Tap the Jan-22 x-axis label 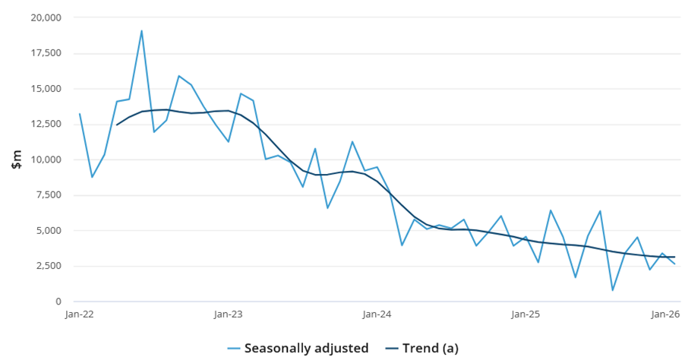pos(80,314)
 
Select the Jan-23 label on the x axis pos(229,314)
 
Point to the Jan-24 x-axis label pos(377,314)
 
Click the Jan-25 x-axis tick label pos(526,314)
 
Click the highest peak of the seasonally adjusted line pos(141,31)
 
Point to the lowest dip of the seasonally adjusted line pos(612,290)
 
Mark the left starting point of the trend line pos(117,125)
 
